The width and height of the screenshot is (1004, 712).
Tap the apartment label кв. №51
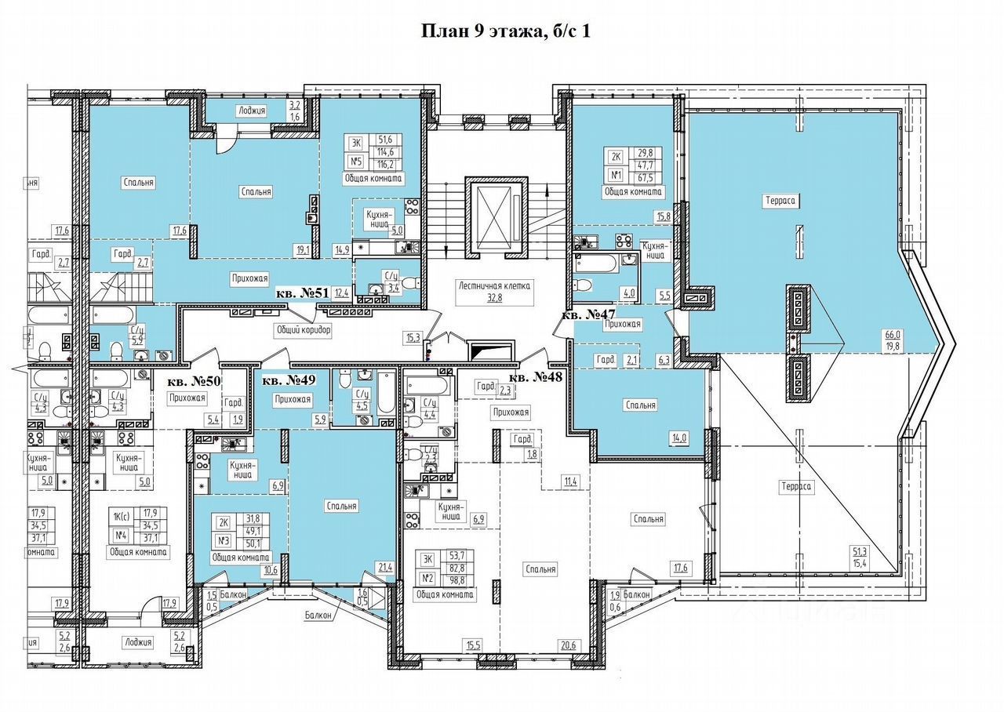[301, 292]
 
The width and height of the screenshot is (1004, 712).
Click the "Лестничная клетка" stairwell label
[496, 285]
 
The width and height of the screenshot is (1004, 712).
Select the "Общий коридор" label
[303, 330]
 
